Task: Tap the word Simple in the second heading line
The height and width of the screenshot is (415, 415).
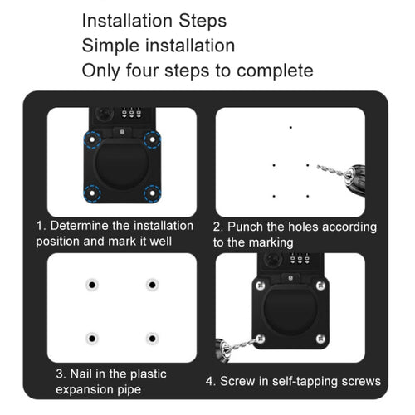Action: click(x=110, y=45)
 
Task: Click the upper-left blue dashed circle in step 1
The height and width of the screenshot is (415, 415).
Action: click(x=92, y=139)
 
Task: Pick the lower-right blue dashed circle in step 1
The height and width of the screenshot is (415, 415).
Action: click(x=152, y=193)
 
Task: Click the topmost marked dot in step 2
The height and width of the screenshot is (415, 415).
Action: click(x=290, y=128)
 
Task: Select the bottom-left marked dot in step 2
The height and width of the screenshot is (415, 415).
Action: click(x=274, y=196)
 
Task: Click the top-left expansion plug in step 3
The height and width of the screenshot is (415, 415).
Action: click(x=92, y=285)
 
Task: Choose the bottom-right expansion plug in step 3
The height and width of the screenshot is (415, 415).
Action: click(x=152, y=339)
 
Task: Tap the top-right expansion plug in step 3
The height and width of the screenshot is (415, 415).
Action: click(x=152, y=285)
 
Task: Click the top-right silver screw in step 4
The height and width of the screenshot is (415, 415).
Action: click(x=320, y=286)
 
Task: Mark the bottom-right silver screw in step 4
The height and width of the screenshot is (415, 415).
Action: click(x=320, y=339)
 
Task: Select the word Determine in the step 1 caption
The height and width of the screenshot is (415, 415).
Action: click(x=83, y=226)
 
